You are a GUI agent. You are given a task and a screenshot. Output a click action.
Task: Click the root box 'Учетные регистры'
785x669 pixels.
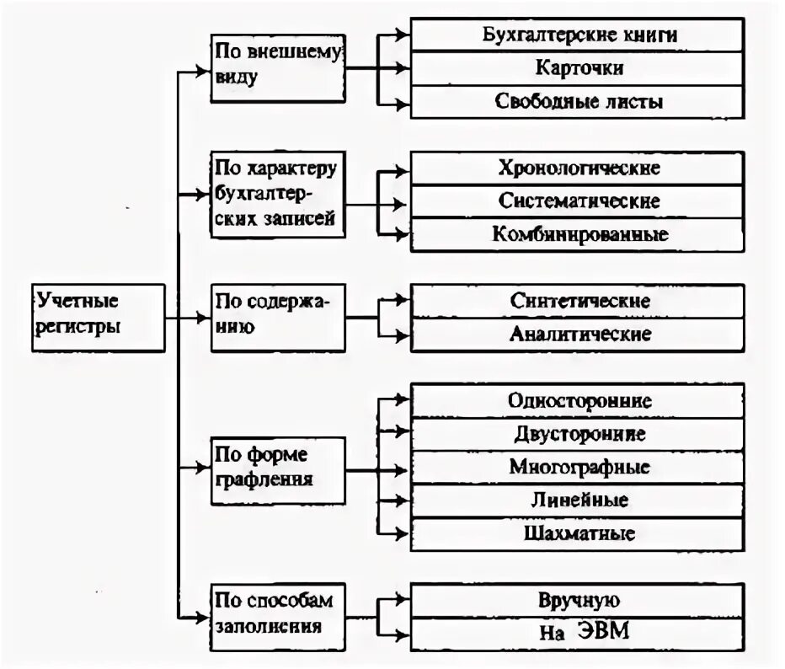pos(97,318)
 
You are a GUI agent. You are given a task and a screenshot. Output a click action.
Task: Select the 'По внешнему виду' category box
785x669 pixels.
pos(277,68)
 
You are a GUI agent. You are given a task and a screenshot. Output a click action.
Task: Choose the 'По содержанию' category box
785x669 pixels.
pos(277,318)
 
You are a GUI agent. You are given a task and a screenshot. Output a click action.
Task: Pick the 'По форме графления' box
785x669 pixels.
pos(277,470)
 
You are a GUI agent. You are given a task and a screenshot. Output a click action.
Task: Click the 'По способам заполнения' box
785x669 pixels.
pos(277,613)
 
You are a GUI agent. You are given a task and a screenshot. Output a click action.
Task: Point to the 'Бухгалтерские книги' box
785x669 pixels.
pos(578,35)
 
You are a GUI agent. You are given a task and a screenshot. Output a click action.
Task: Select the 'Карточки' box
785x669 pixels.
pos(578,68)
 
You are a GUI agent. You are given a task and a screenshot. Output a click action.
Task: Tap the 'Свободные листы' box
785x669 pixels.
pos(578,102)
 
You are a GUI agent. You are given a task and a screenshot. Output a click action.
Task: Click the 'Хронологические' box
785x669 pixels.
pos(578,169)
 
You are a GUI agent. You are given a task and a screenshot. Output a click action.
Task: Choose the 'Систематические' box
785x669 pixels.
pos(578,202)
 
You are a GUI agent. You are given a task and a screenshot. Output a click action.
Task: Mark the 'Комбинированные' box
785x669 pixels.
pos(578,235)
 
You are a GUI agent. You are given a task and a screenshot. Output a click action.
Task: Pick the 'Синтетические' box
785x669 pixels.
pos(578,301)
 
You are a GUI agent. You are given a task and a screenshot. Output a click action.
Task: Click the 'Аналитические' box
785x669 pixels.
pos(578,334)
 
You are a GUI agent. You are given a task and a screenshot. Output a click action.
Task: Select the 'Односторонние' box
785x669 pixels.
pos(578,400)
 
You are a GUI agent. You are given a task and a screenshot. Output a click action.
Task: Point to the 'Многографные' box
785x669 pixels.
pos(578,467)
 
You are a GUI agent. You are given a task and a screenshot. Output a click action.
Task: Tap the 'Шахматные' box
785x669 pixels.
pos(578,533)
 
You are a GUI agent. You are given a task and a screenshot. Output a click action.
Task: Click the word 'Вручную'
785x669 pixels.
pos(579,600)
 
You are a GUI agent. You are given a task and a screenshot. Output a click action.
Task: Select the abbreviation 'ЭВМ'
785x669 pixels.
pos(602,633)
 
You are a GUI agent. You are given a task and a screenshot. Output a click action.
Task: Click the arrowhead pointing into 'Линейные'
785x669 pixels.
pos(403,500)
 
